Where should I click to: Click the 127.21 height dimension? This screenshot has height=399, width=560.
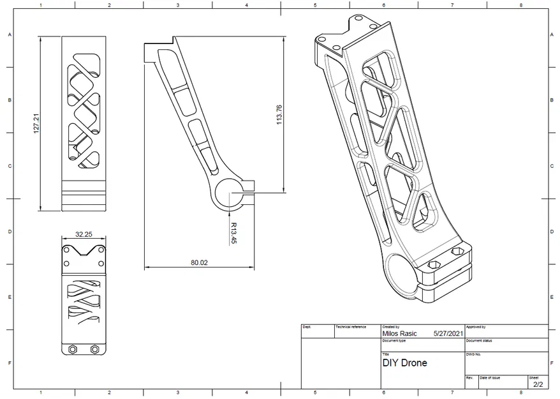(36, 124)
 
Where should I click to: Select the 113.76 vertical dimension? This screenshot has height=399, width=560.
(279, 115)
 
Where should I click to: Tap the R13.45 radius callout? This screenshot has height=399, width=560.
(234, 233)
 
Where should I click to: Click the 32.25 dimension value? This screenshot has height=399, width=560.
(84, 234)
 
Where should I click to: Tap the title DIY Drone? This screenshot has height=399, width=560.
(404, 363)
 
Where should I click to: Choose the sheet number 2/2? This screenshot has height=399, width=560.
(538, 384)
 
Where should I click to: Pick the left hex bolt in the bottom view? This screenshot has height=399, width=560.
(72, 349)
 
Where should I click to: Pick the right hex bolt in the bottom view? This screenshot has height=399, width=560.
(95, 349)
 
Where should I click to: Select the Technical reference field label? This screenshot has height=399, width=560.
(351, 327)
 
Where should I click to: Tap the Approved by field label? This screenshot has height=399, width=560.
(476, 327)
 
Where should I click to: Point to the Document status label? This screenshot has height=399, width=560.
(479, 340)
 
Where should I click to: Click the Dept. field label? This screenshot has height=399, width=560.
(306, 327)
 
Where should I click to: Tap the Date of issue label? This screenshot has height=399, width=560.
(490, 377)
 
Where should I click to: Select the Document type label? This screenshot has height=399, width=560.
(394, 340)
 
